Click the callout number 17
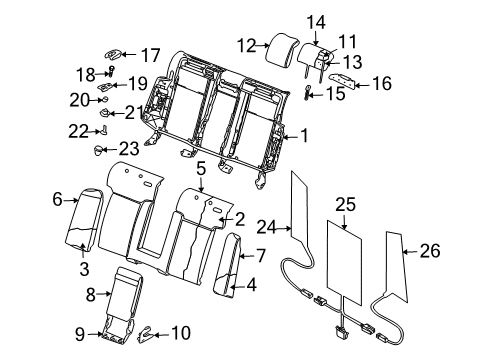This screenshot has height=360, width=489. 150,55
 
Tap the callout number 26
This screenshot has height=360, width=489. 430,251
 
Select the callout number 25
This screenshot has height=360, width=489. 345,205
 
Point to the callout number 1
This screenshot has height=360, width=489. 304,136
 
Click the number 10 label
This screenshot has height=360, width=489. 181,333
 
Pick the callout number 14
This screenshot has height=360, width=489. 316,23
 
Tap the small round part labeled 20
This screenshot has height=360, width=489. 104,99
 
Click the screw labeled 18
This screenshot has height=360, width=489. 111,71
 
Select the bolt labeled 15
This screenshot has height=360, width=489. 307,92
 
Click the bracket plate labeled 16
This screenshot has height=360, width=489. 341,81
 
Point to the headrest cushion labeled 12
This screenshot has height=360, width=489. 283,49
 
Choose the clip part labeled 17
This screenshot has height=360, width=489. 113,54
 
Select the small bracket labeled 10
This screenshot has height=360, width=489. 145,334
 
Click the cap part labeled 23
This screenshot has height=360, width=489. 98,150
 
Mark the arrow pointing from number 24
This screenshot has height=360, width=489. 284,228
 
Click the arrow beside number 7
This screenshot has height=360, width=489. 247,256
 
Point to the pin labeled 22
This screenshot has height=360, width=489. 103,130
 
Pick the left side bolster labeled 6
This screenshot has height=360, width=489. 83,220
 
